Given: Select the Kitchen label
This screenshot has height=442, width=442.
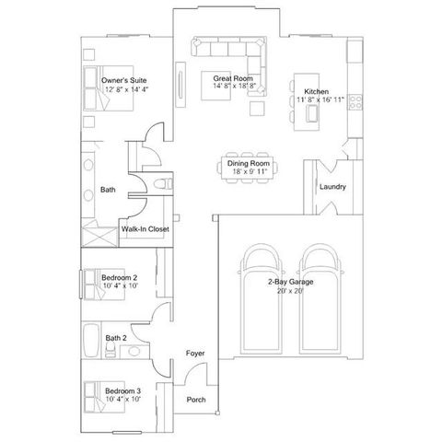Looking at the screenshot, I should tap(317, 91).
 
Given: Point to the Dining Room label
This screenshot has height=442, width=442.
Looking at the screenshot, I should tap(247, 163).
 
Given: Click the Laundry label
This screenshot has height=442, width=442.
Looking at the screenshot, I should tap(332, 187).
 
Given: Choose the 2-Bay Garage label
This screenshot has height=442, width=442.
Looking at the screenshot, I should tap(290, 282).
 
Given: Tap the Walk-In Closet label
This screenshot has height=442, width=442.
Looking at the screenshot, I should tap(145, 229).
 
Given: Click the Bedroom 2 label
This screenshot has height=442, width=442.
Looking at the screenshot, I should tap(120, 277).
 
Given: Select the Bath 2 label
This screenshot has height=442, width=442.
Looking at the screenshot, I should tap(116, 339).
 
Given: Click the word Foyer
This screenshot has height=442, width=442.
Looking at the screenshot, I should tap(195, 354).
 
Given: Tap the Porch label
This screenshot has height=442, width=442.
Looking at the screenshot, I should tap(195, 400).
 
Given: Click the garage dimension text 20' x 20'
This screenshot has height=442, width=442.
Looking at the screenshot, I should tap(290, 291).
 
